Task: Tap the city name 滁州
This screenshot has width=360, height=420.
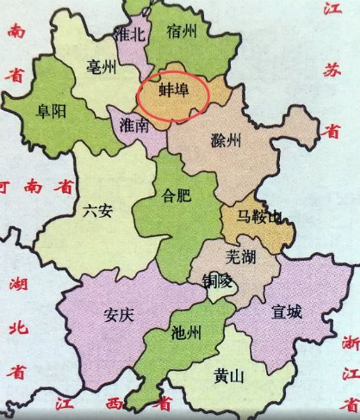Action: (x=227, y=140)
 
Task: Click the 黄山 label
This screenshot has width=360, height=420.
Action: (x=230, y=375)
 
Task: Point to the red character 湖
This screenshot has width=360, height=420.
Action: (x=15, y=284)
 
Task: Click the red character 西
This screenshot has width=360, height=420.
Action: (x=113, y=405)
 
